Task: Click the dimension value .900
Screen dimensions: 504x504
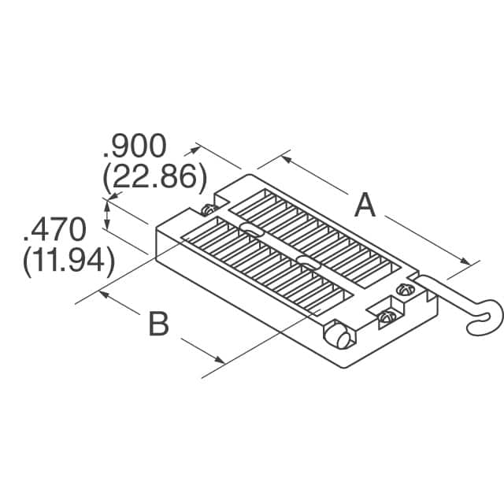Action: pyautogui.click(x=135, y=147)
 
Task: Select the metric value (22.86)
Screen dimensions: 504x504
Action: pyautogui.click(x=154, y=178)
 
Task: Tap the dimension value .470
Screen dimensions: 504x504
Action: pyautogui.click(x=54, y=231)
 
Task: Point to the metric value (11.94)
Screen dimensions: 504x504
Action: pyautogui.click(x=69, y=261)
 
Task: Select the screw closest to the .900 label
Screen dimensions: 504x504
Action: pyautogui.click(x=208, y=209)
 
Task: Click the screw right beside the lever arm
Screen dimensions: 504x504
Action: pyautogui.click(x=404, y=288)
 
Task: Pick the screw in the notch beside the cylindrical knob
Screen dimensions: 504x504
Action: pyautogui.click(x=386, y=317)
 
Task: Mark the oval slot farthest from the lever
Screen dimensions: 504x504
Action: pyautogui.click(x=251, y=229)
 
